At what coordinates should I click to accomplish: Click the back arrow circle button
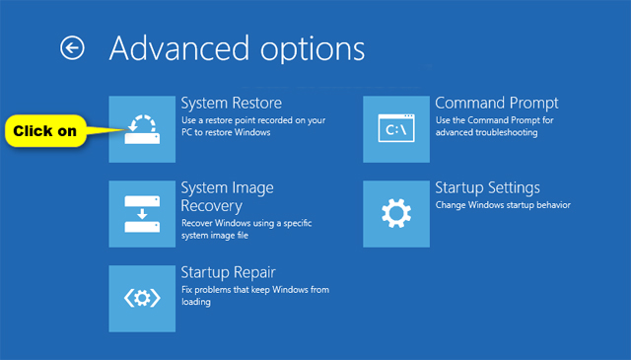(x=72, y=47)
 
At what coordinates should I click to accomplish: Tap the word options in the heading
(x=309, y=49)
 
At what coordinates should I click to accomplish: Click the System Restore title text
(x=231, y=103)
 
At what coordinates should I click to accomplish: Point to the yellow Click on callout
(x=43, y=130)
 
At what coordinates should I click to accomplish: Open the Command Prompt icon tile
(x=395, y=129)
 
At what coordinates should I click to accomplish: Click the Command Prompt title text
(x=496, y=103)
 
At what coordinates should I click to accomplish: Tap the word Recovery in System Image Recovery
(x=211, y=205)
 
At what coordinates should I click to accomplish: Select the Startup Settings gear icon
(x=395, y=213)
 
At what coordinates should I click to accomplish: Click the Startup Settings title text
(x=487, y=187)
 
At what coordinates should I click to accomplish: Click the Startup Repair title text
(x=228, y=271)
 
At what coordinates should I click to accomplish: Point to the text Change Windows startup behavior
(x=503, y=205)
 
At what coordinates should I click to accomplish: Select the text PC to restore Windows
(x=226, y=132)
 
